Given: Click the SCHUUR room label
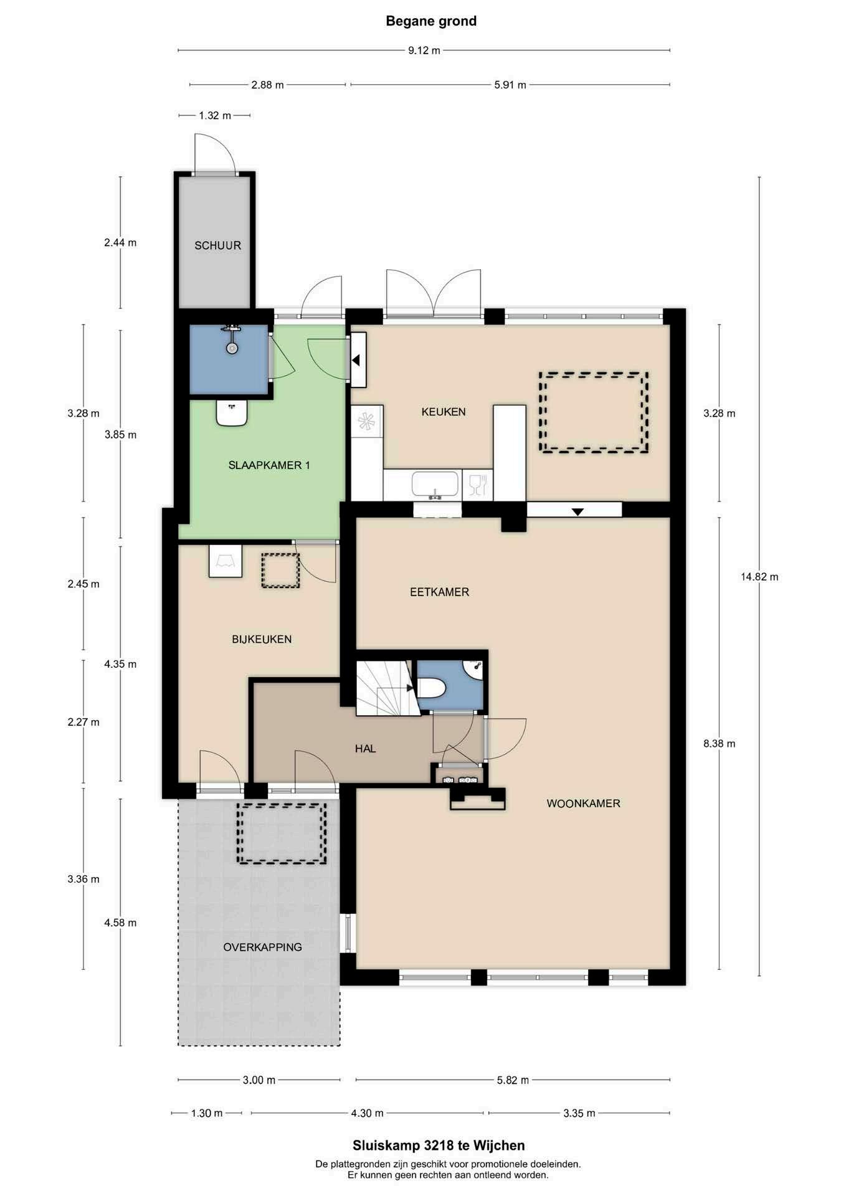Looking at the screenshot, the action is click(x=217, y=245).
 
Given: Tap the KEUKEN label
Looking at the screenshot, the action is click(x=444, y=412).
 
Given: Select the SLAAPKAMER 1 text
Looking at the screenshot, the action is click(x=269, y=465).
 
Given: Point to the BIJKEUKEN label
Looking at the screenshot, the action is click(x=262, y=639).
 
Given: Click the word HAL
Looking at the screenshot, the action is click(x=366, y=749).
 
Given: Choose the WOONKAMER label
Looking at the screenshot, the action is click(x=584, y=804).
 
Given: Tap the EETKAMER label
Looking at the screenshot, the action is click(x=439, y=592).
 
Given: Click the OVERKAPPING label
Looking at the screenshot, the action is click(x=263, y=947).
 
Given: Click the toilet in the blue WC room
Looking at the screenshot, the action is click(x=431, y=688).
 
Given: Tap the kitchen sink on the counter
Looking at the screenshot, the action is click(x=435, y=484).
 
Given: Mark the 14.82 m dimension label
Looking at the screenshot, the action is click(x=759, y=577).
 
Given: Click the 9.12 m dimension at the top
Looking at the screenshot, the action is click(x=424, y=50).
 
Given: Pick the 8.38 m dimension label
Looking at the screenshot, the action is click(x=719, y=743).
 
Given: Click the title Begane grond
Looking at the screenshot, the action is click(x=431, y=21).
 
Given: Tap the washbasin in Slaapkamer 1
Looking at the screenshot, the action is click(x=232, y=413).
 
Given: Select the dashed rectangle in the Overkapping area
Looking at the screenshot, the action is click(x=282, y=833).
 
